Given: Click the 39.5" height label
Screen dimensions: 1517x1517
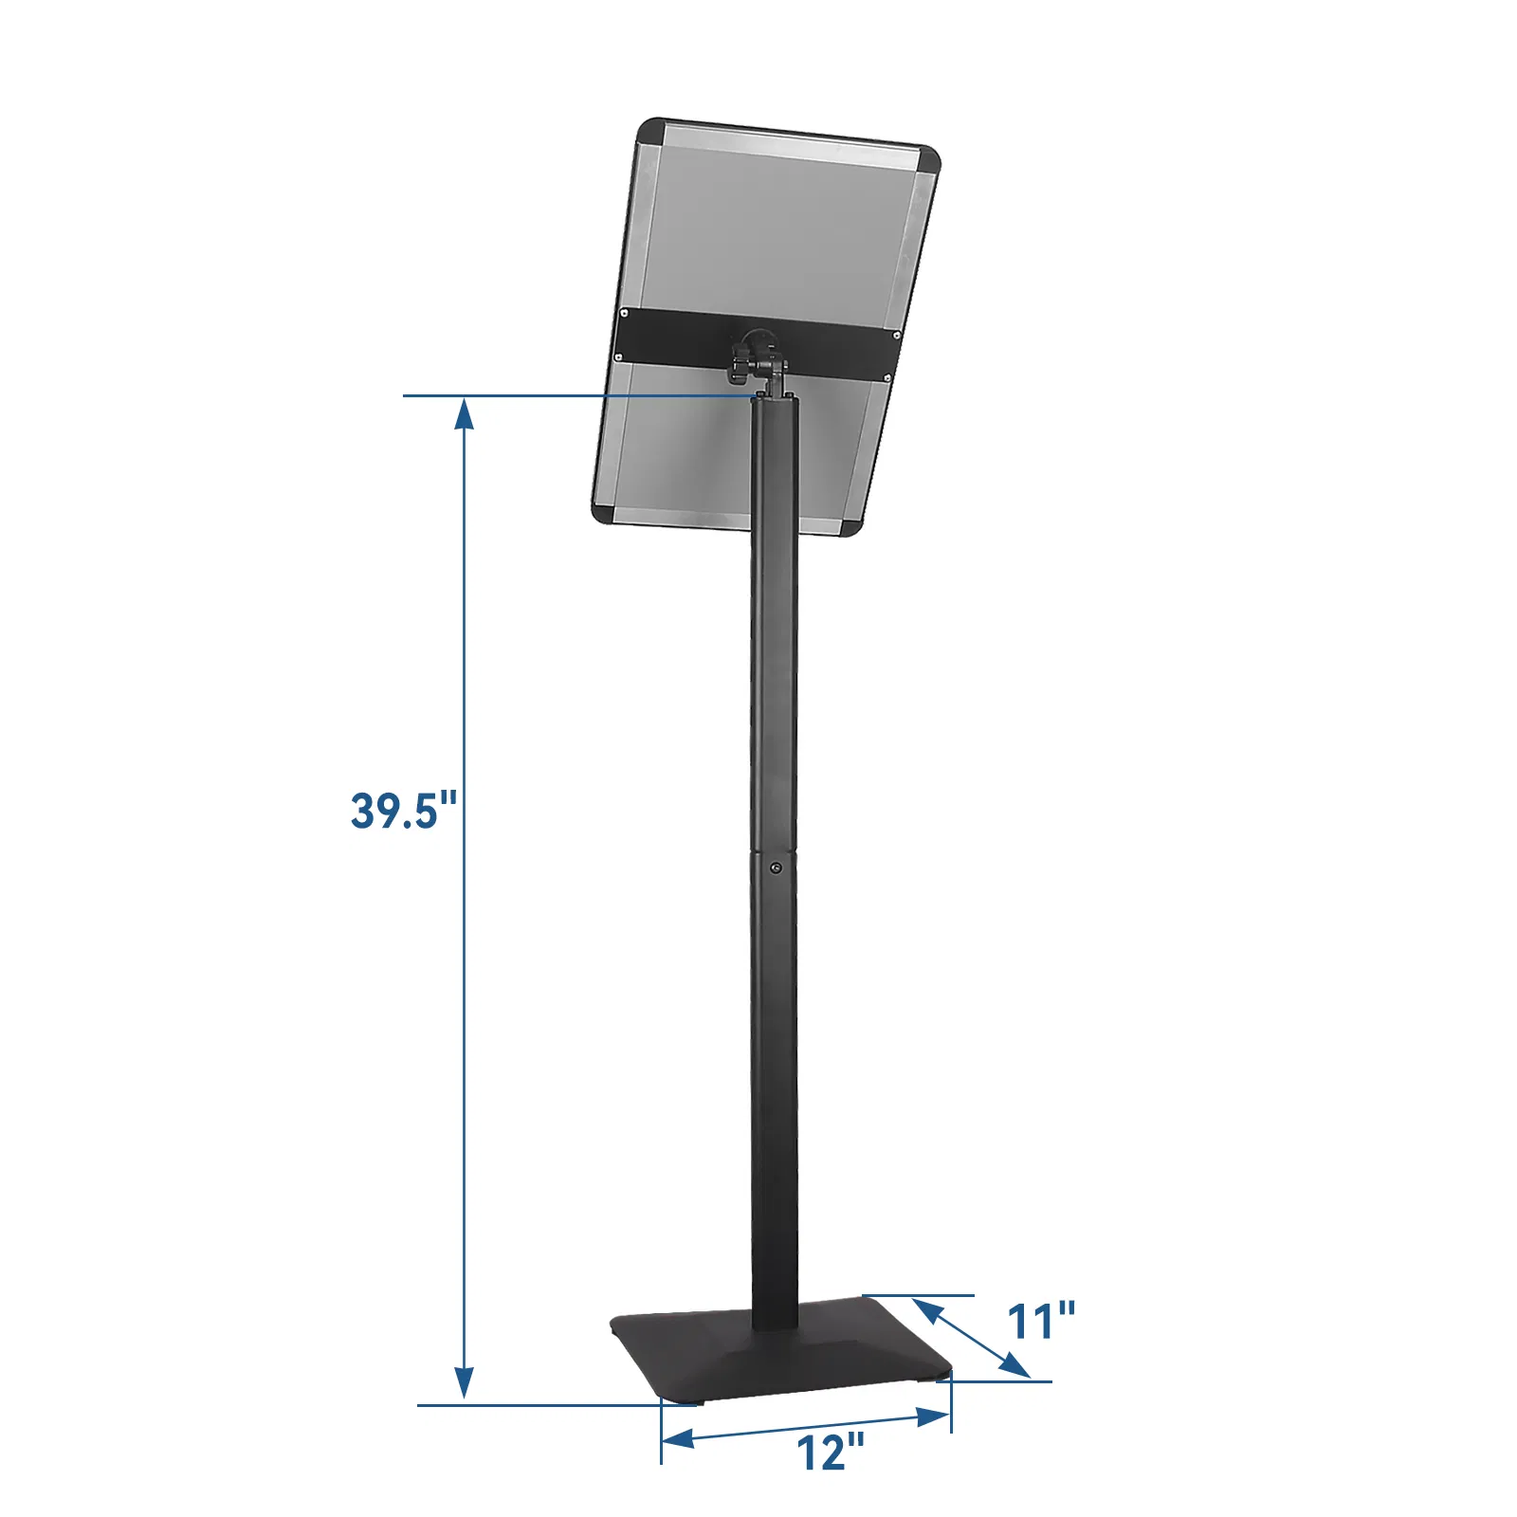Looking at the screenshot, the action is point(404,811).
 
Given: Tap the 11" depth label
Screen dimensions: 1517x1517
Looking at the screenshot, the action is point(1040,1321).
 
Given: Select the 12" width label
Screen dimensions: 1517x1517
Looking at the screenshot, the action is point(830,1452).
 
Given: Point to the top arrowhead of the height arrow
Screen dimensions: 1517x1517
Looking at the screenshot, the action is point(464,413).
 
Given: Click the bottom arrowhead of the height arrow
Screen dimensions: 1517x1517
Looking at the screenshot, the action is point(464,1383).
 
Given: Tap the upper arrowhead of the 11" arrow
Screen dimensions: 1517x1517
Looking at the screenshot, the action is point(926,1311).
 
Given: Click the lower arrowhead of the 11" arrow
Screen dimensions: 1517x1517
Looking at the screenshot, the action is point(1015,1366).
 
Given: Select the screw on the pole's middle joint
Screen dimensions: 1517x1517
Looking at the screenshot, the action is point(777,867).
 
